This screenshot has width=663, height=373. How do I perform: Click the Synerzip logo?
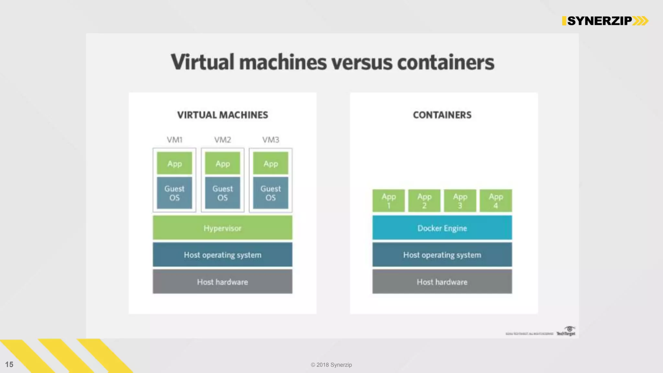point(605,21)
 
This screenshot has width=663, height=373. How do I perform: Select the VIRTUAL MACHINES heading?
point(222,115)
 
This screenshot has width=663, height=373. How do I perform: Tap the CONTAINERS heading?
point(442,115)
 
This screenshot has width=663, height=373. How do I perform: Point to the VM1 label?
point(174,140)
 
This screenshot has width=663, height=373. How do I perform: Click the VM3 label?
point(271,140)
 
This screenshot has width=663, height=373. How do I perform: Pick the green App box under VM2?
point(222,164)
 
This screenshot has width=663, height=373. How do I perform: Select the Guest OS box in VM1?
point(174,193)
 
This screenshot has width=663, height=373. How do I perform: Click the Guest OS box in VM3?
point(271,193)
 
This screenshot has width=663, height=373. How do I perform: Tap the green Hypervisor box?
point(222,228)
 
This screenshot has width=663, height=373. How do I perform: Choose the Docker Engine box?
point(442,228)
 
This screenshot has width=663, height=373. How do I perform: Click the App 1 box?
point(388,201)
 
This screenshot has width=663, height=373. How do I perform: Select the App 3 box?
point(460,201)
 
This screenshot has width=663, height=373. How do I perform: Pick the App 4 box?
point(496,201)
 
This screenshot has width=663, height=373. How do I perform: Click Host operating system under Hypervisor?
point(222,255)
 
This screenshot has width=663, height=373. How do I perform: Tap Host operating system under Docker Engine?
point(442,255)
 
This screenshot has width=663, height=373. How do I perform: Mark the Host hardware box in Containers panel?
point(442,282)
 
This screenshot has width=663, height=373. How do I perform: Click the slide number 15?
point(9,365)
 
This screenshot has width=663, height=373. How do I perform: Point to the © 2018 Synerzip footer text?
point(331,365)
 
